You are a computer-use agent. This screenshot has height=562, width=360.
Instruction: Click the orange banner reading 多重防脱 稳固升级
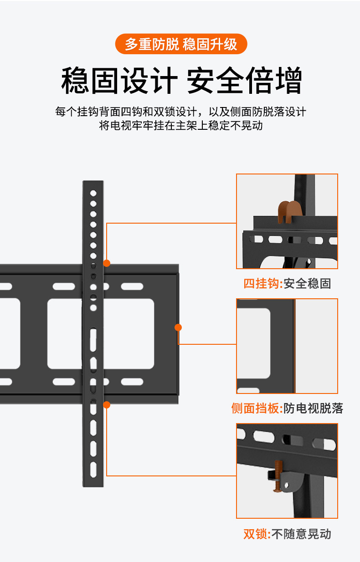click(181, 44)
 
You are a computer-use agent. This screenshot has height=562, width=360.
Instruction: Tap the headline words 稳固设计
click(119, 81)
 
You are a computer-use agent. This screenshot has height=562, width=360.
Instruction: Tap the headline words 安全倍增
click(244, 81)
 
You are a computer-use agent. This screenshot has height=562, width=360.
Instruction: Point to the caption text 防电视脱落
click(314, 408)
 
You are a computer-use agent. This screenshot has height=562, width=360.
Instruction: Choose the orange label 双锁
click(255, 534)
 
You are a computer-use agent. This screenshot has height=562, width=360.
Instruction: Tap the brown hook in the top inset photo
click(290, 212)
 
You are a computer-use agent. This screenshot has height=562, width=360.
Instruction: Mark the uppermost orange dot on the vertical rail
click(107, 263)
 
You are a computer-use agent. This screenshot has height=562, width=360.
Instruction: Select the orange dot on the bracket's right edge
click(178, 327)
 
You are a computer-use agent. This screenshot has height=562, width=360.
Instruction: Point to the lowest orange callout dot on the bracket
click(107, 404)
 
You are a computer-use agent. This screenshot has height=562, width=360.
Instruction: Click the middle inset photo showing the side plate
click(287, 346)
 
